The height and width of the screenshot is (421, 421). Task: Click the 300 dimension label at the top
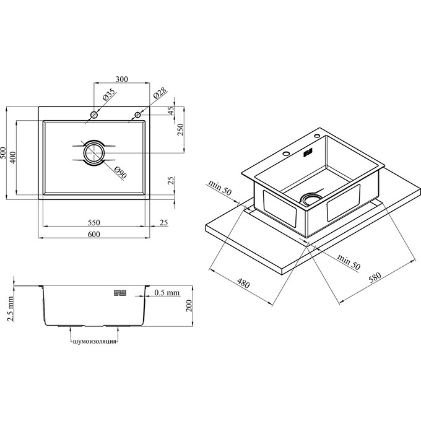(121, 79)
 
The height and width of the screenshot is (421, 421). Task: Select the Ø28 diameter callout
(160, 93)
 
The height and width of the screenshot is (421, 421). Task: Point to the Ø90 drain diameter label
(120, 173)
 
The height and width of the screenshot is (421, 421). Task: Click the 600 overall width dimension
(94, 235)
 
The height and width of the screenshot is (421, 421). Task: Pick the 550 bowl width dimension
(94, 223)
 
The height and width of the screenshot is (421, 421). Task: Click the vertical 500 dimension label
(3, 153)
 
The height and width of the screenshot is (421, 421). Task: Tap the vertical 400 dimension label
(12, 157)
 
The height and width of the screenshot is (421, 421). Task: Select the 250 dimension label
(180, 129)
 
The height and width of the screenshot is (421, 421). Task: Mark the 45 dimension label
(171, 110)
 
